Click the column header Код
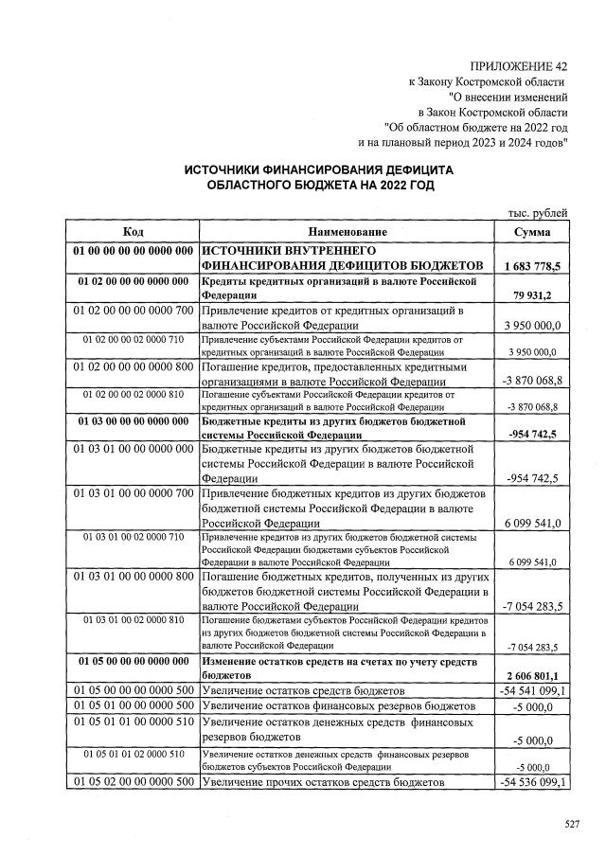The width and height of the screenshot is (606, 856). pyautogui.click(x=133, y=232)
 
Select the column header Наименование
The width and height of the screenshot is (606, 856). pyautogui.click(x=348, y=232)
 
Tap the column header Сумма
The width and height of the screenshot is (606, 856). pyautogui.click(x=531, y=232)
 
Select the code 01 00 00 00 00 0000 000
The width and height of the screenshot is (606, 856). pyautogui.click(x=133, y=250)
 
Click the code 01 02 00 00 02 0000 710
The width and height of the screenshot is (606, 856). pyautogui.click(x=133, y=338)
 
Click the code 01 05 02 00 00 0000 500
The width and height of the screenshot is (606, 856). pyautogui.click(x=133, y=782)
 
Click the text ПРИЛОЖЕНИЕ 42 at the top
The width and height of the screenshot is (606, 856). pyautogui.click(x=519, y=66)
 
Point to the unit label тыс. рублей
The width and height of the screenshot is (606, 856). pyautogui.click(x=537, y=213)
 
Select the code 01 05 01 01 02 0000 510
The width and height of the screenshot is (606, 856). pyautogui.click(x=133, y=754)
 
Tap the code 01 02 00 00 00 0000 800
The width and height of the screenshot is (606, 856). pyautogui.click(x=133, y=365)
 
